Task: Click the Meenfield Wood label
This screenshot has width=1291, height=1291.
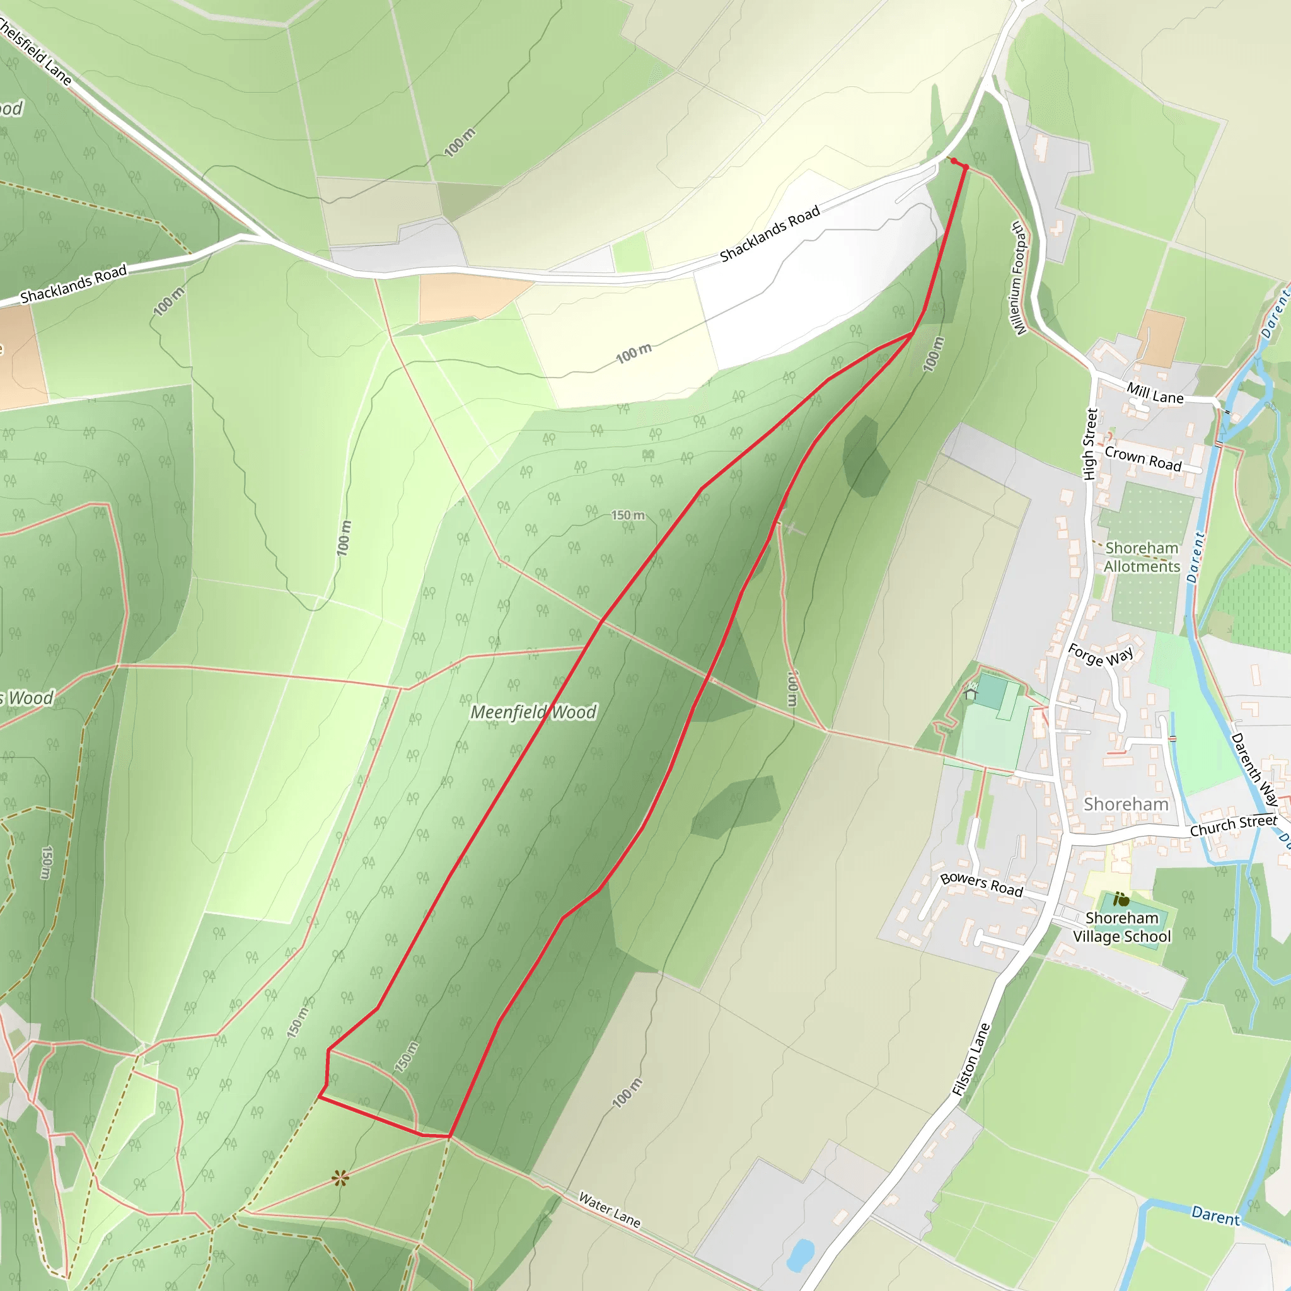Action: [x=533, y=712]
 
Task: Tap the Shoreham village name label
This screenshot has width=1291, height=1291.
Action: [x=1126, y=804]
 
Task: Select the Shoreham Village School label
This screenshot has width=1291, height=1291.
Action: [x=1122, y=927]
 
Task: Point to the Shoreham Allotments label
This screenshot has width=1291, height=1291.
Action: [x=1142, y=557]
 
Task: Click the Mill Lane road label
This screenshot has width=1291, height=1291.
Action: [x=1155, y=393]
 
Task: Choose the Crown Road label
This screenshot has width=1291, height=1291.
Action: [x=1143, y=458]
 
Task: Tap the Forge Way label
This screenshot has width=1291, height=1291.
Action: [x=1101, y=655]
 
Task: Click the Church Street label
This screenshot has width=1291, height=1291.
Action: [x=1234, y=825]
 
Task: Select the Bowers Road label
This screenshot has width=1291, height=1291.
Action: [x=981, y=884]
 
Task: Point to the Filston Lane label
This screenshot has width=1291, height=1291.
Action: [x=970, y=1060]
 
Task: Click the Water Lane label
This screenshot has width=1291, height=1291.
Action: [x=610, y=1210]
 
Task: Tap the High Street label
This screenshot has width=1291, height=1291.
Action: [x=1090, y=444]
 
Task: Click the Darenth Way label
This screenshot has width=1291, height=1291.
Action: [x=1254, y=769]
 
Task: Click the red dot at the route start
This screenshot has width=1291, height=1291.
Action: [x=954, y=160]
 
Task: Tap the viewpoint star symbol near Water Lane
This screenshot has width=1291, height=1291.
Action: [x=340, y=1178]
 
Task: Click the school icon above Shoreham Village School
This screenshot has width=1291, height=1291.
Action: [x=1121, y=900]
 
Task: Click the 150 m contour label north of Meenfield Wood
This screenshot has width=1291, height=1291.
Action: [x=628, y=515]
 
